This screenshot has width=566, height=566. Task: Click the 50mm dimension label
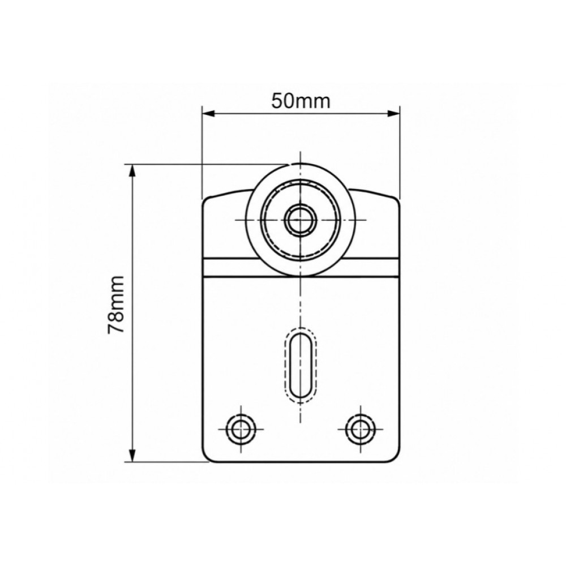click(301, 101)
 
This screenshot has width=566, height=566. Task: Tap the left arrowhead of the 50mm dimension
click(209, 114)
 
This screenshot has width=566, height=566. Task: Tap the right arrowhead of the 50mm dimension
click(393, 114)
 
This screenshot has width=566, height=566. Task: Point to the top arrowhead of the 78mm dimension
click(133, 171)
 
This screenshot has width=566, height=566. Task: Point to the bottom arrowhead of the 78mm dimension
click(133, 455)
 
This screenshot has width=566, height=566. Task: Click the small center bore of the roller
click(301, 220)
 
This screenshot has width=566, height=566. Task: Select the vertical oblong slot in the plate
click(301, 365)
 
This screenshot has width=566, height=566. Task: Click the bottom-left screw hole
click(241, 429)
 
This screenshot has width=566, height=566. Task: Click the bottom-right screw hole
click(360, 429)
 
